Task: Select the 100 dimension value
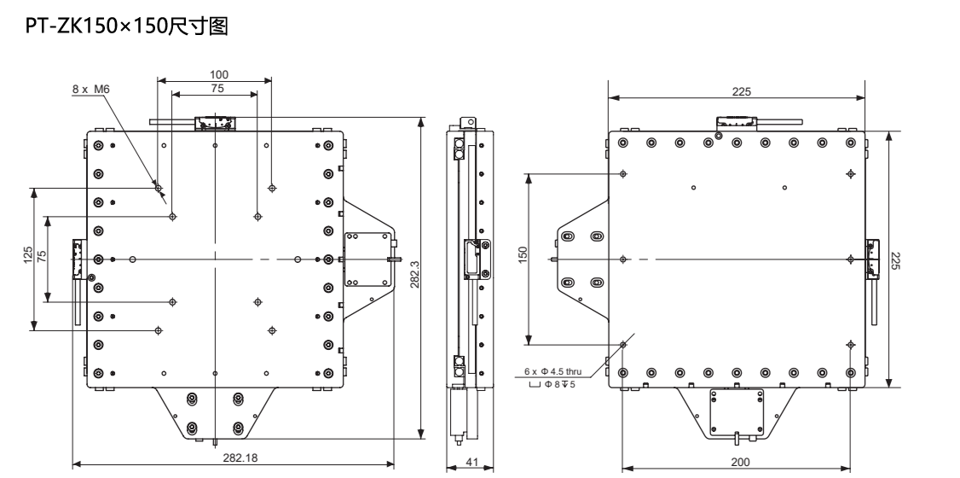tap(219, 75)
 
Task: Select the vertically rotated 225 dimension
tap(894, 259)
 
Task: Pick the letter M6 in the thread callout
tap(101, 89)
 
